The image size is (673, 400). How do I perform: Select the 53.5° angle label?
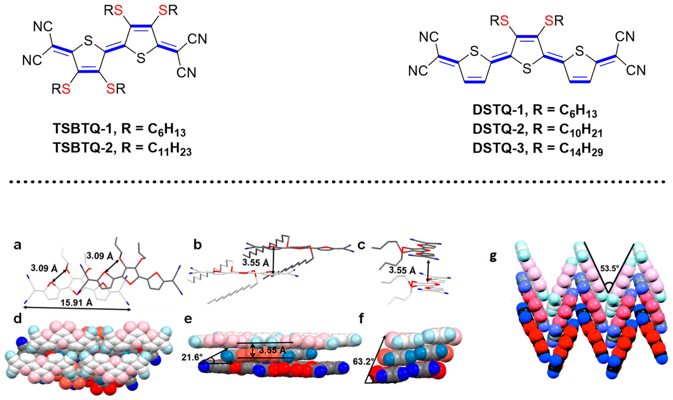click(x=610, y=268)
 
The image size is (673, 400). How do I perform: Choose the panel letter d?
click(x=18, y=326)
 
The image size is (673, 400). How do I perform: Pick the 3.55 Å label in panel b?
click(x=255, y=262)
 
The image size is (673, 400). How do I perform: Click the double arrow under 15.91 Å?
click(x=77, y=310)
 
